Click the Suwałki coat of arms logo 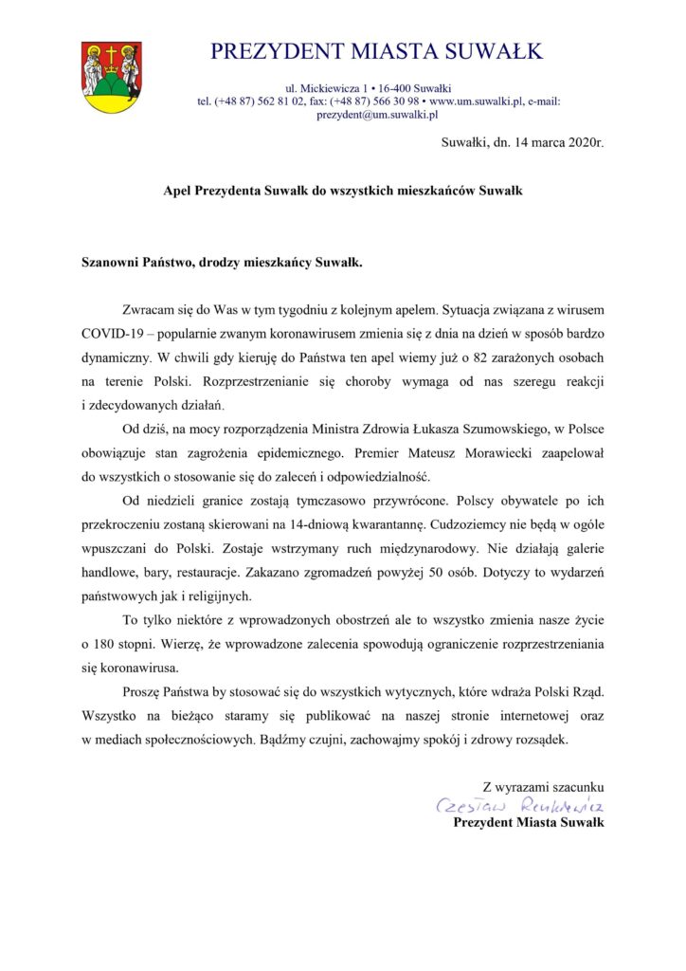coord(111,77)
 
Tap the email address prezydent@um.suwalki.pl coord(376,115)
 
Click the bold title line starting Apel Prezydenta coord(342,190)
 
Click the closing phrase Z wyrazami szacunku coord(543,785)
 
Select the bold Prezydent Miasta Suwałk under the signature coord(529,822)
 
